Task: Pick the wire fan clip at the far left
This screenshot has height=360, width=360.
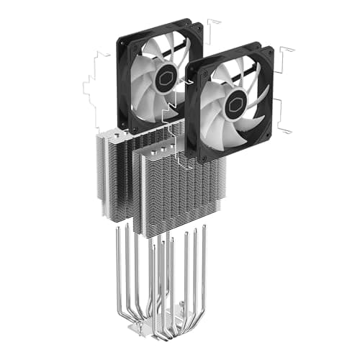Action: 91,94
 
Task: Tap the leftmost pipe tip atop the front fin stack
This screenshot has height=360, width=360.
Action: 150,150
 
